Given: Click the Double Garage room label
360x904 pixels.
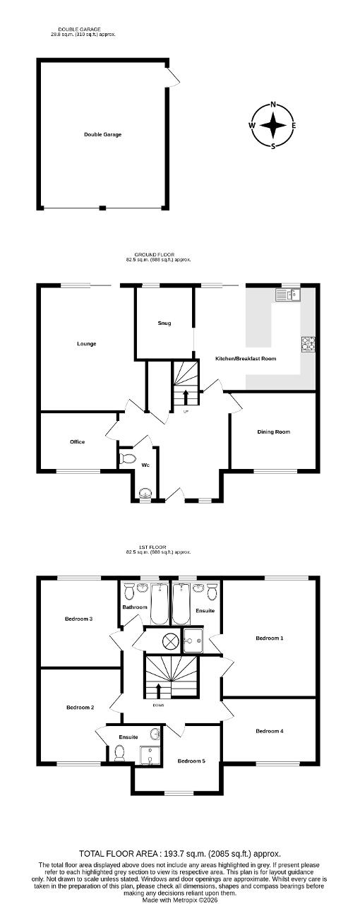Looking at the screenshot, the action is pos(102,134).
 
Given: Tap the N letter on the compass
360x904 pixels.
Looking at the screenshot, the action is pos(274,105).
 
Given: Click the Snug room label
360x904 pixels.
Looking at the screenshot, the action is pos(164,323).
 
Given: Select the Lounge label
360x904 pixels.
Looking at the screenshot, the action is pos(86,344).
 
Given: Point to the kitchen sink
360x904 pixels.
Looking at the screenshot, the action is pos(288,295).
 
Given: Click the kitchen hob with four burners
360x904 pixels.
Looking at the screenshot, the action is pos(308,344).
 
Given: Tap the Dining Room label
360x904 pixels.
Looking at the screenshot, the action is pos(274,432).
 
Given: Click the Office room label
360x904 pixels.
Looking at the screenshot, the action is pos(78,442).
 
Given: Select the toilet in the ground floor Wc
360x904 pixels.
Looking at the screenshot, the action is pos(127,458).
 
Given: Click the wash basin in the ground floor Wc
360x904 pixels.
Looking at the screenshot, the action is pos(145,494).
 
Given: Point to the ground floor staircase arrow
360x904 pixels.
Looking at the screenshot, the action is pos(186,397).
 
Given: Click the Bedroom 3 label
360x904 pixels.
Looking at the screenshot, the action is pos(79,619).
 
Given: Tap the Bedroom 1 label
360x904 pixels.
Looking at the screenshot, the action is pos(270,638).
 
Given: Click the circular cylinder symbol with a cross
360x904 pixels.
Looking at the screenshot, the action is pos(169,641).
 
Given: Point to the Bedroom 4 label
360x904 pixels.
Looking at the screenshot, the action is pos(270,731).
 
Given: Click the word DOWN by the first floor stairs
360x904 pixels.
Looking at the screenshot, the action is pos(158,706).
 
